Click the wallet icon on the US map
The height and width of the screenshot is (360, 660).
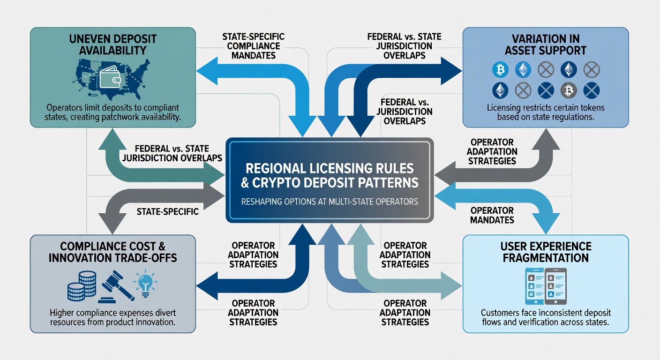(x=110, y=77)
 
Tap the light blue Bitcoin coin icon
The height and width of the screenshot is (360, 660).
(x=500, y=70)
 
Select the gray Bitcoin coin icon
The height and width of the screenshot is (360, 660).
(x=569, y=90)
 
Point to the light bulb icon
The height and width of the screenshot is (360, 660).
(x=145, y=283)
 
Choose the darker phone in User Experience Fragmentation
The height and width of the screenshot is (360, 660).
(x=555, y=286)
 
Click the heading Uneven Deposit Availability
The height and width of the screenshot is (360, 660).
(x=113, y=45)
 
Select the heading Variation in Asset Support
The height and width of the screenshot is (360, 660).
(x=546, y=45)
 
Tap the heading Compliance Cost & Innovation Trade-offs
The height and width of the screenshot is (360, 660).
(x=113, y=252)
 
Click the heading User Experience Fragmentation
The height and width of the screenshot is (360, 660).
(x=546, y=252)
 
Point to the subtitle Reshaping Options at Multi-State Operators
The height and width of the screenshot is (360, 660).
(x=330, y=202)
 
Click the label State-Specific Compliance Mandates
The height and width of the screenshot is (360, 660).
(x=254, y=46)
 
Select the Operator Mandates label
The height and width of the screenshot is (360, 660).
(x=492, y=215)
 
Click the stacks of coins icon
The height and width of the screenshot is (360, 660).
(x=82, y=286)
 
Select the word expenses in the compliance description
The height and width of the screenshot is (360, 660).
(x=139, y=313)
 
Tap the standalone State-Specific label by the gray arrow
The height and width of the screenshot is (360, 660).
(x=168, y=211)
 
